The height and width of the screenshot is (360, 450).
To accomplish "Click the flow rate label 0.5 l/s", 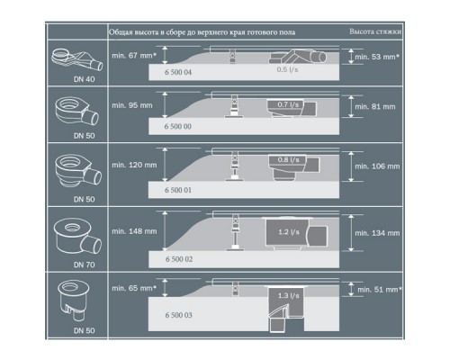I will (287, 68).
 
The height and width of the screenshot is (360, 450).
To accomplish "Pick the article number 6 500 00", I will (179, 128).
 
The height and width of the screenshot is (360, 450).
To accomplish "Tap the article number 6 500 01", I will (179, 192).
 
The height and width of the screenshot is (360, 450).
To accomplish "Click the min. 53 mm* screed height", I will (374, 57).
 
